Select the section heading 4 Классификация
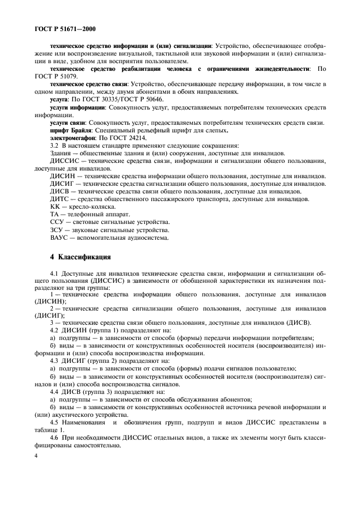click(81, 256)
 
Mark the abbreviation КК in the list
click(56, 207)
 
